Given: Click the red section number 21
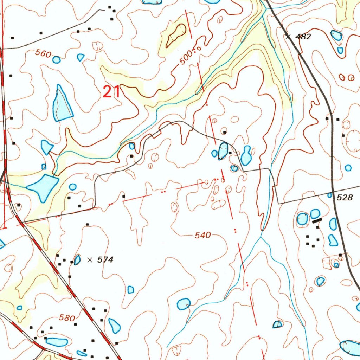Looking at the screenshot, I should click(111, 92).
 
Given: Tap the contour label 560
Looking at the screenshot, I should click(43, 54).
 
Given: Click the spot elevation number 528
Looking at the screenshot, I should click(344, 198).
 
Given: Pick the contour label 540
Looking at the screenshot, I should click(203, 235).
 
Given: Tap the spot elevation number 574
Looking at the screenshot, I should click(105, 260).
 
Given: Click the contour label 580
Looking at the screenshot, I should click(67, 318).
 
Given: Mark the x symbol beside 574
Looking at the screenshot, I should click(90, 260).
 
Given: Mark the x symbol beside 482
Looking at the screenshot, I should click(288, 36).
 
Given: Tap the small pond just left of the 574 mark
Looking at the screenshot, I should click(77, 260).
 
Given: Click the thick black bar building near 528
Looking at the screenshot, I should click(317, 220).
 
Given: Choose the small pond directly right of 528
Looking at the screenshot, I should click(330, 195).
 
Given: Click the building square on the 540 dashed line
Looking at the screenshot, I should click(124, 196).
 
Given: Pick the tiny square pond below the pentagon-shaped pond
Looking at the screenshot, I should click(44, 166).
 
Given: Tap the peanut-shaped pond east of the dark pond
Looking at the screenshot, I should click(246, 155).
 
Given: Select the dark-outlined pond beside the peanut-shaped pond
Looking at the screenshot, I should click(223, 151).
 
